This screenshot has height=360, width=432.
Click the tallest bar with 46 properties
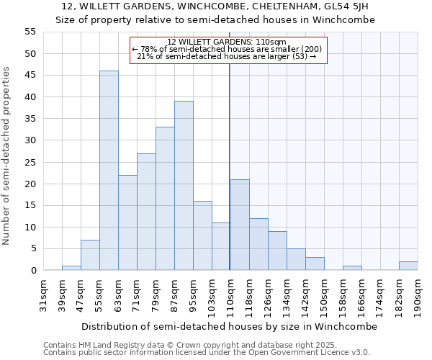click(x=109, y=171)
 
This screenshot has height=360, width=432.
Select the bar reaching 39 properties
click(x=184, y=186)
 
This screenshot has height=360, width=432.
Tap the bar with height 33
click(x=165, y=199)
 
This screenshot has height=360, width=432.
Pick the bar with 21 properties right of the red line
click(x=240, y=225)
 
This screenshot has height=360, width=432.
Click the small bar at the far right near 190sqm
click(x=408, y=266)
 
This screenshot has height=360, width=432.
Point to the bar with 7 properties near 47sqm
click(x=90, y=255)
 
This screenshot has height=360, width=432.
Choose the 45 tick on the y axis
click(x=30, y=76)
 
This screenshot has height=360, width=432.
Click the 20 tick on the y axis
click(x=30, y=184)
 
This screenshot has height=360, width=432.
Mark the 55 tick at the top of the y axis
click(x=30, y=32)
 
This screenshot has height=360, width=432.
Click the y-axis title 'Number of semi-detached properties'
click(x=7, y=156)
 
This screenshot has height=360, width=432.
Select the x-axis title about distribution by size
click(x=229, y=326)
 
